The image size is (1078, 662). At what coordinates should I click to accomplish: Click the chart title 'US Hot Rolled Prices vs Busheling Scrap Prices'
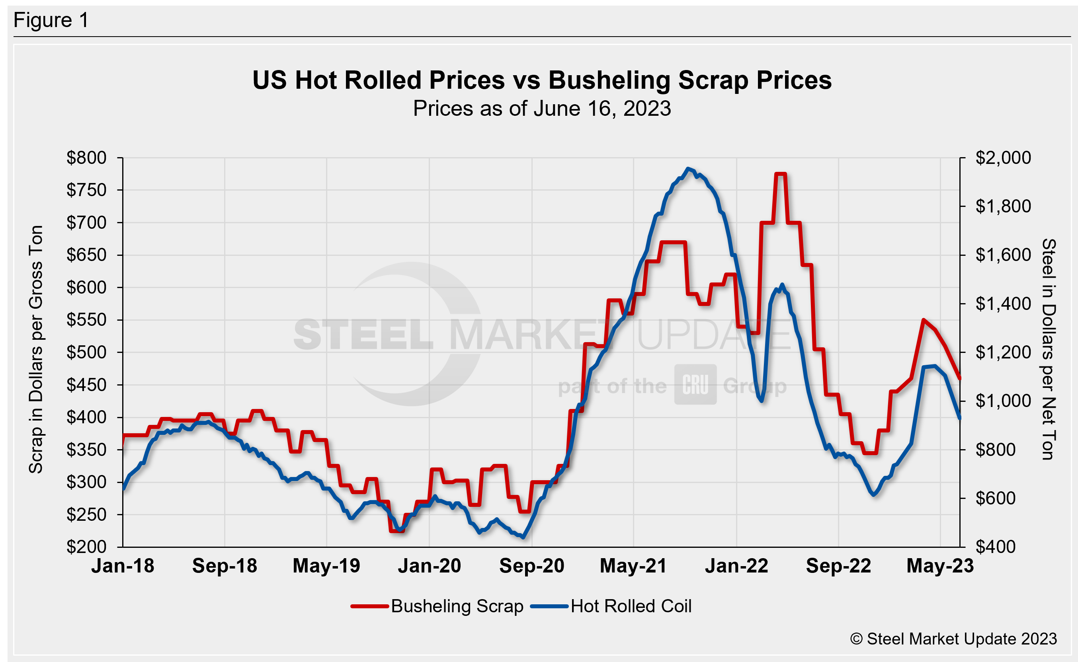[x=542, y=80]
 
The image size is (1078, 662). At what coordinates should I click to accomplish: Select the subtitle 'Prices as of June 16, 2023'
[x=542, y=108]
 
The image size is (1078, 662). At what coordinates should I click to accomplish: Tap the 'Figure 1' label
[x=51, y=20]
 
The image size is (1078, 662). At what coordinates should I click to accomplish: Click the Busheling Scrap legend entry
[x=438, y=606]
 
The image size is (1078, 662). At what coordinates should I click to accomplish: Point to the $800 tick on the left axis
[x=86, y=158]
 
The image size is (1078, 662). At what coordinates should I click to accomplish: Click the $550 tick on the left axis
[x=86, y=319]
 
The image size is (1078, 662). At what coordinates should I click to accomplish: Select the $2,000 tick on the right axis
[x=1003, y=158]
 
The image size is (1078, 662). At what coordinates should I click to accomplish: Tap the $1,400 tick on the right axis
[x=1003, y=304]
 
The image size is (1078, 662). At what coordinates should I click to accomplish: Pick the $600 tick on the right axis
[x=995, y=498]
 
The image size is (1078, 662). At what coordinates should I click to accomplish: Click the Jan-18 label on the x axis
[x=123, y=566]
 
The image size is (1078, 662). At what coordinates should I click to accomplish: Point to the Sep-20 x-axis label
[x=532, y=566]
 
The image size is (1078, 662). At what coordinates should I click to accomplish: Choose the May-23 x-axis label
[x=940, y=566]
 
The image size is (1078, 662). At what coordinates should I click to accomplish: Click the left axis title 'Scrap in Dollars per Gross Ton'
[x=36, y=349]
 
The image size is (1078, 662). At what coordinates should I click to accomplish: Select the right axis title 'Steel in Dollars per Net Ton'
[x=1049, y=349]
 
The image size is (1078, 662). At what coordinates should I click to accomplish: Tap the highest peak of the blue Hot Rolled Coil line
[x=689, y=169]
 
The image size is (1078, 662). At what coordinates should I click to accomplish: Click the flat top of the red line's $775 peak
[x=781, y=174]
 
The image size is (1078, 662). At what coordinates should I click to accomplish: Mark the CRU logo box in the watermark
[x=695, y=384]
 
